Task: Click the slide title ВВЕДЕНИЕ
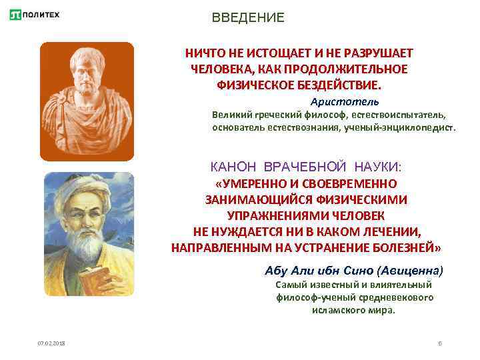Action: click(x=248, y=18)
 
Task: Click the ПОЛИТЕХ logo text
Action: click(x=44, y=15)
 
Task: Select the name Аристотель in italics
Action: click(x=345, y=101)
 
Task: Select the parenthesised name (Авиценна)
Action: click(x=409, y=271)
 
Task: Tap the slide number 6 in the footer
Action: click(x=440, y=343)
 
